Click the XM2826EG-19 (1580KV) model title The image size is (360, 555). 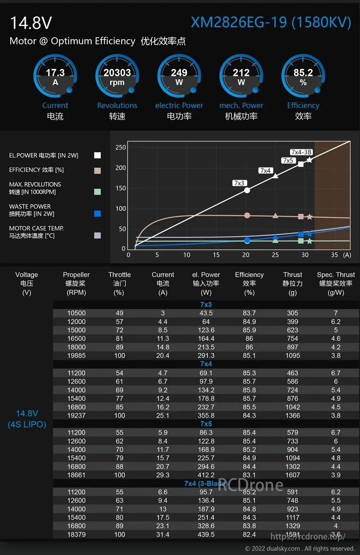click(271, 22)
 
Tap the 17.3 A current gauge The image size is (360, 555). click(55, 76)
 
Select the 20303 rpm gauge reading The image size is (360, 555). click(117, 76)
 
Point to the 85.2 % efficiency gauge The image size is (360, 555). click(303, 76)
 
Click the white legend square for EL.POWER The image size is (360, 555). click(97, 155)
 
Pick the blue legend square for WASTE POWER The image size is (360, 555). click(97, 214)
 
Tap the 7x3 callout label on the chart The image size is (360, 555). click(239, 183)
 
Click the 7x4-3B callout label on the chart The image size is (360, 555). click(301, 152)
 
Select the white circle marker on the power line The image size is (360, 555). click(247, 190)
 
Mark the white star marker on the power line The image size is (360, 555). click(309, 160)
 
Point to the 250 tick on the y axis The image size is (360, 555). click(121, 147)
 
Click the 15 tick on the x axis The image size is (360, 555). click(216, 255)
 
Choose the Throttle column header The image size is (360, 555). click(119, 275)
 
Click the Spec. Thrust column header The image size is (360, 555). click(336, 275)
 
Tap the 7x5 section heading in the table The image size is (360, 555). click(206, 424)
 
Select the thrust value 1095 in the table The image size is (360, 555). click(293, 356)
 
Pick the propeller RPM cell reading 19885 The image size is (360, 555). click(76, 356)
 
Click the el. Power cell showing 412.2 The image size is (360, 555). click(206, 475)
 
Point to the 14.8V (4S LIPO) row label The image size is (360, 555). click(27, 419)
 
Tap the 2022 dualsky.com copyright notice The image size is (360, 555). click(300, 549)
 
